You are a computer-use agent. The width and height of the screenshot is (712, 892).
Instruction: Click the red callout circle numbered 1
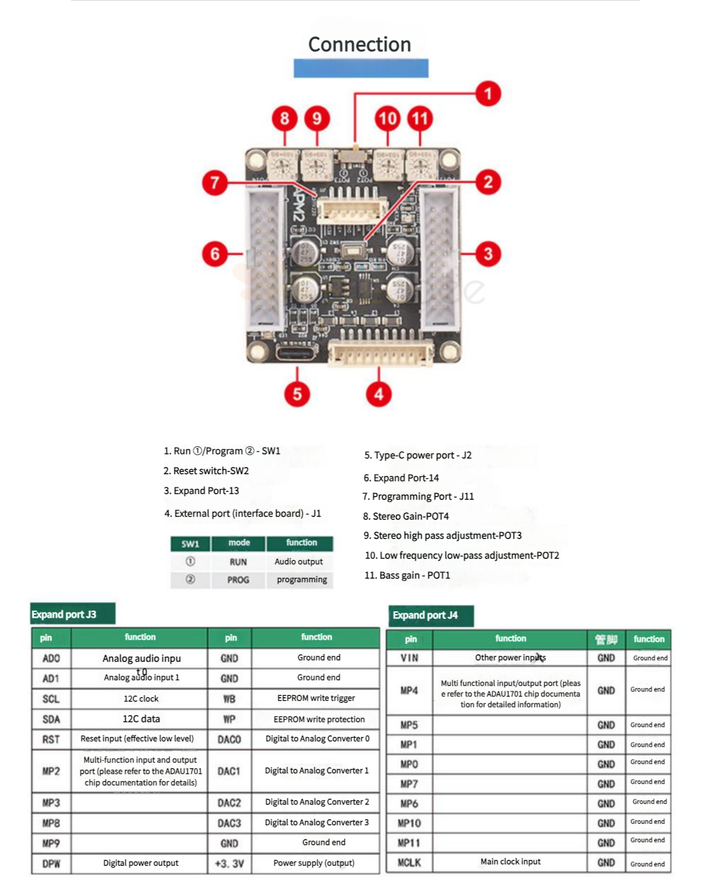[488, 94]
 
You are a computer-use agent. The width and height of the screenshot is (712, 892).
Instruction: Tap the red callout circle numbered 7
[215, 183]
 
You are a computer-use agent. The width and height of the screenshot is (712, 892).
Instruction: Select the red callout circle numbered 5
[297, 394]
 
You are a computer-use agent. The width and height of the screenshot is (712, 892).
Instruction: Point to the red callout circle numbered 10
[388, 118]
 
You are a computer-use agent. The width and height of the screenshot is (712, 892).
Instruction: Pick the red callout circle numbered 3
[488, 254]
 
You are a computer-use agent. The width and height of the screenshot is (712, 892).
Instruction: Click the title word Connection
[359, 45]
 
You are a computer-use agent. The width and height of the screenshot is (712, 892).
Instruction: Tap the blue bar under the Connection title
[361, 68]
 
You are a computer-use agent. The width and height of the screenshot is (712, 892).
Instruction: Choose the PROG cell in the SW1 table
[238, 580]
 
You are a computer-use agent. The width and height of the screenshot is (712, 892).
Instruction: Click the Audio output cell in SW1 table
[299, 561]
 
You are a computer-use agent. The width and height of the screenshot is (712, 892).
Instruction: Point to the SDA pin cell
[51, 719]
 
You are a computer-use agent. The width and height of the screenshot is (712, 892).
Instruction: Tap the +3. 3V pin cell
[229, 864]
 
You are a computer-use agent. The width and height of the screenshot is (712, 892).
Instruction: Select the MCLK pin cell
[409, 863]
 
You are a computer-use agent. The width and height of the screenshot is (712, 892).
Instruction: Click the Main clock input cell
[510, 862]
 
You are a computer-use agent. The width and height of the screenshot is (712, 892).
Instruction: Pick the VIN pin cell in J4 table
[409, 658]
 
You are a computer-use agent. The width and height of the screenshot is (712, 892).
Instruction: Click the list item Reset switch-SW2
[206, 471]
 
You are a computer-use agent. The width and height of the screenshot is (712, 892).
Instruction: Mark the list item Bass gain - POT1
[408, 575]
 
